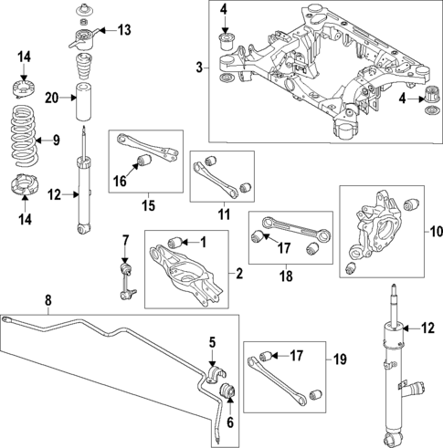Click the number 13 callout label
tap(123, 30)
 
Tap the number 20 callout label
tap(51, 99)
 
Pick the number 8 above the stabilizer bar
tap(47, 298)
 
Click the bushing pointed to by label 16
tap(141, 162)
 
